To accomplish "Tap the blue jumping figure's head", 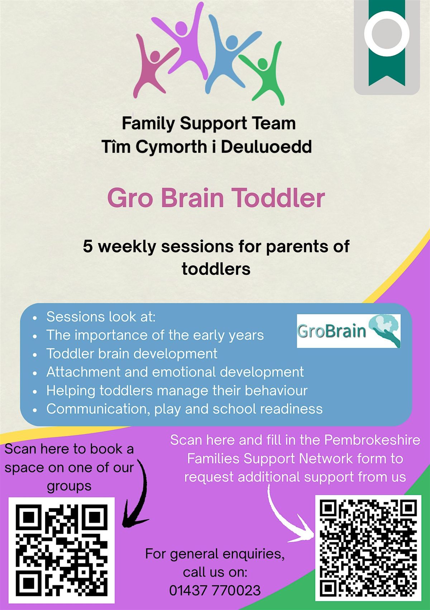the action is coord(232,43).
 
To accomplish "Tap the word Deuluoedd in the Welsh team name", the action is coord(266,147).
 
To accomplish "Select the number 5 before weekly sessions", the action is coord(88,247).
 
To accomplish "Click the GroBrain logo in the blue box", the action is coord(349,331).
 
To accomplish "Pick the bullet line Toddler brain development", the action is coord(132,353).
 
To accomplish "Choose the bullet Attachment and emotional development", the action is coord(175,372).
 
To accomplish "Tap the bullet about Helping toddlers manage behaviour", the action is coord(177,391).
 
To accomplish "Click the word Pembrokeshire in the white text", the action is coord(372,440).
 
